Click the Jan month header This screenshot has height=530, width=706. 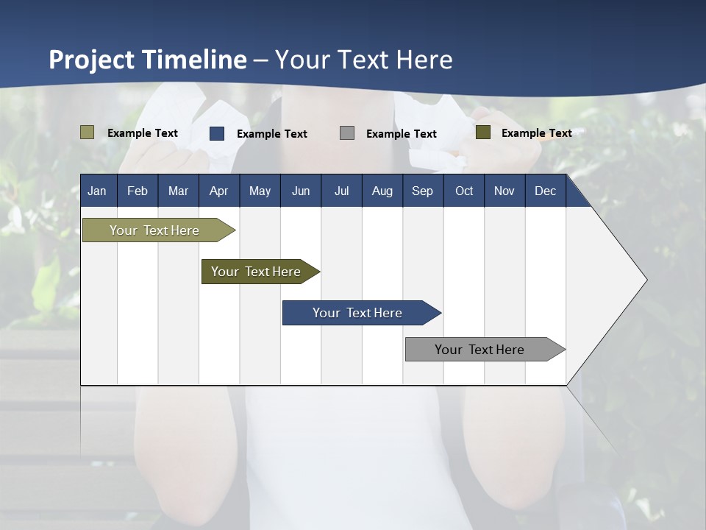pos(97,191)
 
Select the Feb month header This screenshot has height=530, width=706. pos(138,191)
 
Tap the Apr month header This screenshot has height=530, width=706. pos(218,191)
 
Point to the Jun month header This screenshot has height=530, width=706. pos(301,191)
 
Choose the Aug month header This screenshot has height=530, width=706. pos(382,191)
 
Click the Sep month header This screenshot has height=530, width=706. pos(422,191)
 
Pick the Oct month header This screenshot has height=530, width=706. pos(464,191)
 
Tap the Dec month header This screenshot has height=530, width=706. pos(545,191)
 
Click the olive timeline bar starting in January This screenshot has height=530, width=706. pos(154,230)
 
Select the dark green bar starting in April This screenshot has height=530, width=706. pos(256,272)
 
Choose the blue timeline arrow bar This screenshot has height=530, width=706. pos(357,313)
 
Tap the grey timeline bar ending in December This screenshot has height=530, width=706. pos(479,350)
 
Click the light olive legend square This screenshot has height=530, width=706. pos(88,132)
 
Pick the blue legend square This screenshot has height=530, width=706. pos(217,133)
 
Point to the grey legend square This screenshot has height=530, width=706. pos(347,132)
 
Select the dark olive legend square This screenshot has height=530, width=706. pos(483,132)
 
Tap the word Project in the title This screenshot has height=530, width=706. pos(91,60)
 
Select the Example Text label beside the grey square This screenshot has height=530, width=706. pos(402,134)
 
